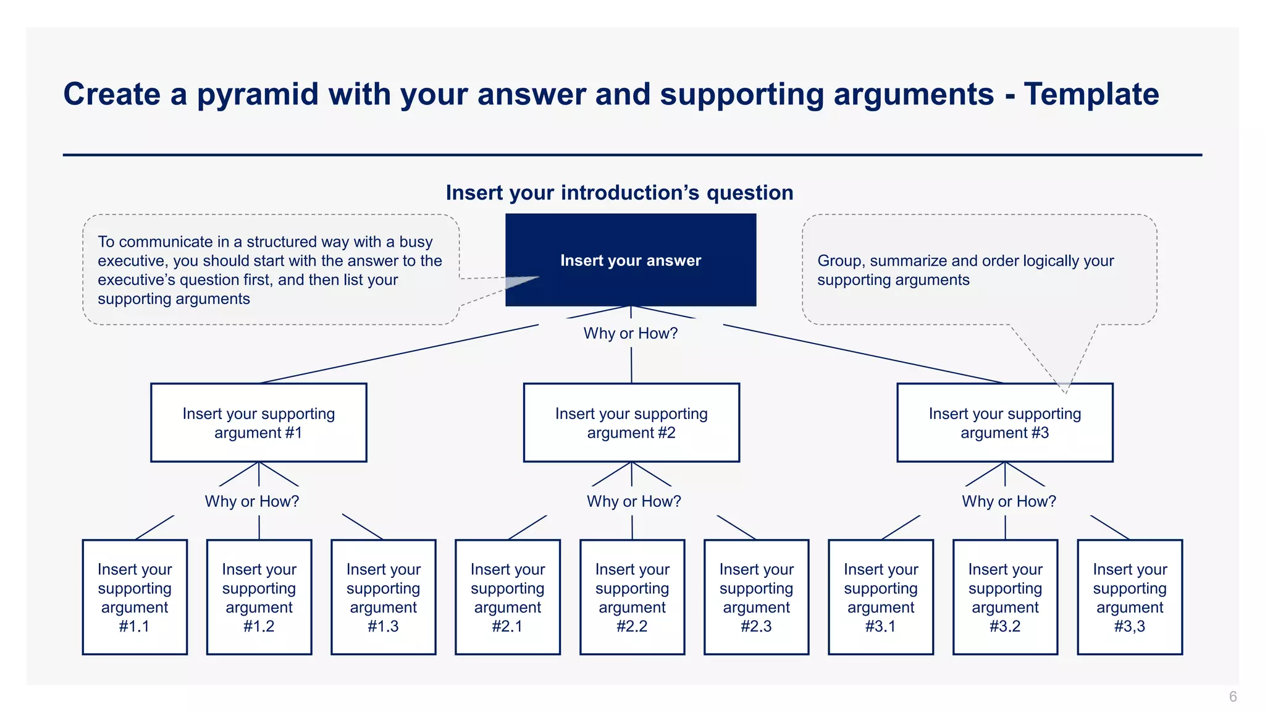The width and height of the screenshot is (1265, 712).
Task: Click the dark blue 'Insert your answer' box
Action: pyautogui.click(x=631, y=260)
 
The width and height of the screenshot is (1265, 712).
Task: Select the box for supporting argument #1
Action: pyautogui.click(x=258, y=423)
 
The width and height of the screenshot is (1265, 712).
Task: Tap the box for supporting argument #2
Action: pyautogui.click(x=631, y=423)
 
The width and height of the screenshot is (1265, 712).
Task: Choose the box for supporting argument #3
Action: pyautogui.click(x=1004, y=423)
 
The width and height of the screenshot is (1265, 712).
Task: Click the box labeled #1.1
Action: pyautogui.click(x=135, y=597)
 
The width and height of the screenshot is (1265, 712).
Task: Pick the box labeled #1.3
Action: pyautogui.click(x=383, y=597)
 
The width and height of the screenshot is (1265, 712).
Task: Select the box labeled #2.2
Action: pyautogui.click(x=632, y=597)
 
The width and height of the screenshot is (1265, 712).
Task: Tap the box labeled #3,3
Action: pyautogui.click(x=1130, y=597)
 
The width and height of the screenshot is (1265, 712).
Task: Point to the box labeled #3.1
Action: pyautogui.click(x=881, y=597)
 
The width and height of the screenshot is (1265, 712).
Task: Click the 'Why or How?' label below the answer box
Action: pyautogui.click(x=631, y=334)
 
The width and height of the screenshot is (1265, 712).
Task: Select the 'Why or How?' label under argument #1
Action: pyautogui.click(x=252, y=501)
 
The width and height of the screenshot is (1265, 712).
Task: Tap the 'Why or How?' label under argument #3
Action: pyautogui.click(x=1009, y=501)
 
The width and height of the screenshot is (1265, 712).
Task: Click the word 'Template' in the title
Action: pyautogui.click(x=1091, y=95)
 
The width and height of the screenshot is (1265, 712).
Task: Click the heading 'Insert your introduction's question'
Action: pyautogui.click(x=620, y=193)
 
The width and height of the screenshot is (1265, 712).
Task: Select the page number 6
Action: pyautogui.click(x=1233, y=697)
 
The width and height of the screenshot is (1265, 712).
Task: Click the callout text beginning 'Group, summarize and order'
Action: pyautogui.click(x=965, y=270)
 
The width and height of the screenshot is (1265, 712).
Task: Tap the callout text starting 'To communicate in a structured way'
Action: pyautogui.click(x=270, y=270)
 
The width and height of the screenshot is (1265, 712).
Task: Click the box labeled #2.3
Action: pyautogui.click(x=756, y=597)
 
